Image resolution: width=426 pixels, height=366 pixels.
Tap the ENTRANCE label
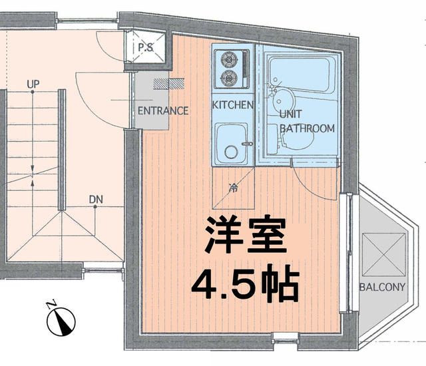(162, 110)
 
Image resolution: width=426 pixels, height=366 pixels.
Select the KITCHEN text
(232, 105)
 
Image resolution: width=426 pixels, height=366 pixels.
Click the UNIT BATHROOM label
(306, 120)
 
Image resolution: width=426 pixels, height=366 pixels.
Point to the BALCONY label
(382, 288)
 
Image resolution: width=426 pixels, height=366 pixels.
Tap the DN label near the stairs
(95, 199)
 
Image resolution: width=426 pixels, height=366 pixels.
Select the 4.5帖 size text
(244, 284)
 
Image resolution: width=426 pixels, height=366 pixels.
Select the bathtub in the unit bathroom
(299, 75)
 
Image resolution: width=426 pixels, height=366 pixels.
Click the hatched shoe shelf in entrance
(163, 84)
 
